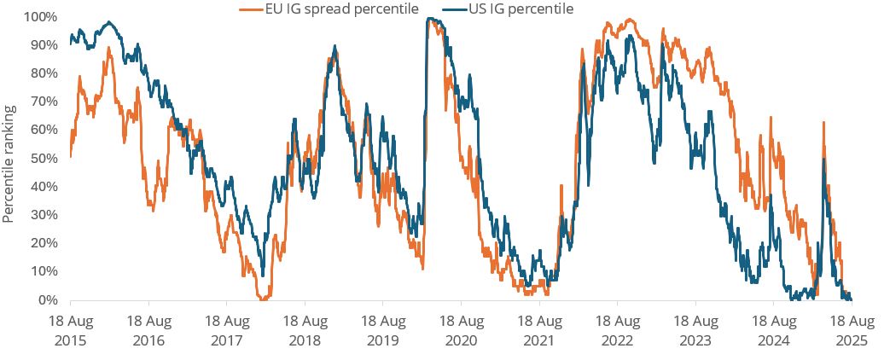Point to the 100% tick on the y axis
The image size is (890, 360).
coord(40,17)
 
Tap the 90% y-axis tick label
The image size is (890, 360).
coord(43,45)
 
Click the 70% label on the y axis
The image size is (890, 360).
coord(43,102)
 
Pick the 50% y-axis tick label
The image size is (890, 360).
coord(43,158)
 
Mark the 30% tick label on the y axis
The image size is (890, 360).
coord(43,215)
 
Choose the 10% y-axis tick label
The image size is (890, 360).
coord(43,271)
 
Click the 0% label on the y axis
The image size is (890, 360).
coord(46,299)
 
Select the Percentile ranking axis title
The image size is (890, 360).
coord(9,164)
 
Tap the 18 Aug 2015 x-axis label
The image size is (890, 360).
coord(70,331)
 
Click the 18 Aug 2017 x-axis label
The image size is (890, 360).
coord(226,331)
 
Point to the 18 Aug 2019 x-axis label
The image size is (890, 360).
coord(382,331)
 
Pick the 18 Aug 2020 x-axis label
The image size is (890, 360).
coord(461,331)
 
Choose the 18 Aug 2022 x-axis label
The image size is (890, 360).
coord(617,331)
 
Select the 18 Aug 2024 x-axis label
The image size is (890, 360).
coord(773,331)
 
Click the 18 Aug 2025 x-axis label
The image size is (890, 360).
coord(851,331)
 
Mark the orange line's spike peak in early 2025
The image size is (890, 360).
coord(823,123)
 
